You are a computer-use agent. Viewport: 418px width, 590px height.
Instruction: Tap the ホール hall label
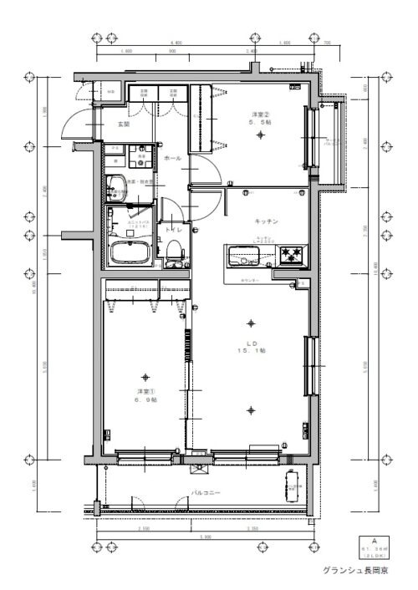click(173, 158)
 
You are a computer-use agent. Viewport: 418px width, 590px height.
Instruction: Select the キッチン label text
click(266, 221)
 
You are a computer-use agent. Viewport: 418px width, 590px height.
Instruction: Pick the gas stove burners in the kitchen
click(293, 252)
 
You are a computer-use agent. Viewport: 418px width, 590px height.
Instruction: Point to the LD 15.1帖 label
click(251, 347)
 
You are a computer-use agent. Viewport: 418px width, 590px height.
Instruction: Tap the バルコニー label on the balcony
click(205, 494)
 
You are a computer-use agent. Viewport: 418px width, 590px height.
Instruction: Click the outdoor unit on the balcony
click(293, 484)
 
